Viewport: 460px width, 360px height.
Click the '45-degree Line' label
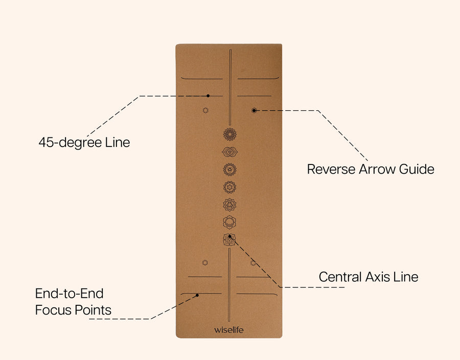pyautogui.click(x=84, y=142)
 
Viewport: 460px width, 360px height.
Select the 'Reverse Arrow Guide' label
pyautogui.click(x=371, y=169)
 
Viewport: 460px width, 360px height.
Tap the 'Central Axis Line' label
pyautogui.click(x=369, y=277)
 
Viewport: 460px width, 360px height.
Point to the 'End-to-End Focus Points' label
pyautogui.click(x=73, y=301)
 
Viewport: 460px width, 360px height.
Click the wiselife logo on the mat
pyautogui.click(x=229, y=329)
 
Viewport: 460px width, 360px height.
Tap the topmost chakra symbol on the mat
pyautogui.click(x=230, y=134)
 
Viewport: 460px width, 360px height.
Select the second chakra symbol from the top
pyautogui.click(x=230, y=152)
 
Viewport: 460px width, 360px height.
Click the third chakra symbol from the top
pyautogui.click(x=230, y=169)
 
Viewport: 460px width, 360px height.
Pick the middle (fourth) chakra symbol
pyautogui.click(x=230, y=187)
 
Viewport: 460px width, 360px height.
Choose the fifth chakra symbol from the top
pyautogui.click(x=230, y=204)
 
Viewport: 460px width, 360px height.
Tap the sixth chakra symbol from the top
pyautogui.click(x=230, y=222)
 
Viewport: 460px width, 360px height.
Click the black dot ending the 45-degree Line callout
pyautogui.click(x=209, y=95)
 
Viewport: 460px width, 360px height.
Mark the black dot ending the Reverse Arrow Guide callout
pyautogui.click(x=254, y=110)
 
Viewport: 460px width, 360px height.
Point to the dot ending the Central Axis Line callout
pyautogui.click(x=231, y=236)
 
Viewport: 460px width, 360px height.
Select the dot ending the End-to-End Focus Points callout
pyautogui.click(x=198, y=295)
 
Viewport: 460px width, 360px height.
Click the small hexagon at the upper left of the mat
pyautogui.click(x=205, y=110)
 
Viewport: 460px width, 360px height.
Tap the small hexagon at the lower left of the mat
pyautogui.click(x=205, y=262)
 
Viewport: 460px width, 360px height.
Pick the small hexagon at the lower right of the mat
pyautogui.click(x=253, y=262)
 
